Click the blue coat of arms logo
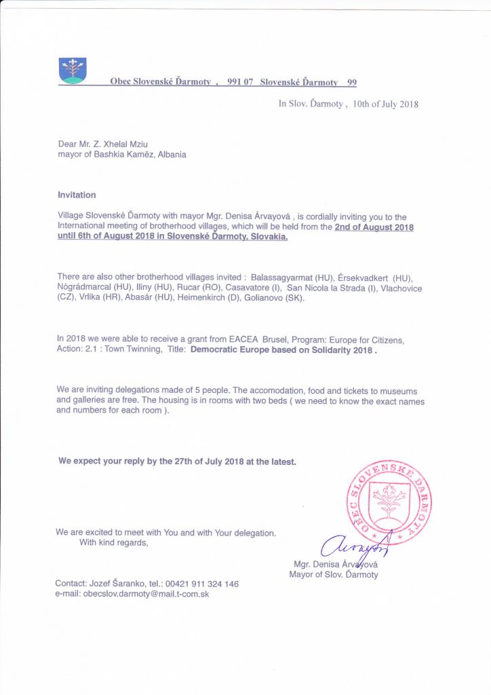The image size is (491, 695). click(x=73, y=71)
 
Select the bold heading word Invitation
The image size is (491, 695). click(x=77, y=195)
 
